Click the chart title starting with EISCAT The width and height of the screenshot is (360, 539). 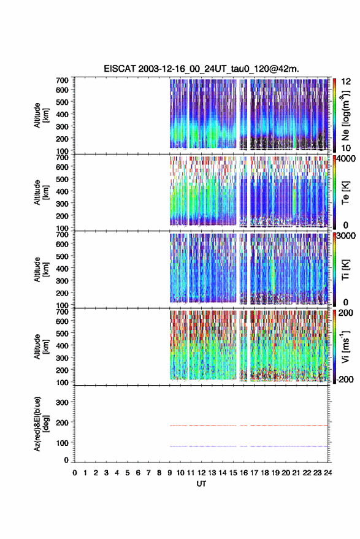pyautogui.click(x=202, y=69)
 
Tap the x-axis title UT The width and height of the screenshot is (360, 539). pyautogui.click(x=201, y=484)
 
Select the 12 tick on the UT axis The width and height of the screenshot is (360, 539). pyautogui.click(x=202, y=473)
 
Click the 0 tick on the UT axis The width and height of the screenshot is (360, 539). pyautogui.click(x=75, y=473)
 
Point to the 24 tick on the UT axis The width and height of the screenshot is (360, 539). pyautogui.click(x=327, y=473)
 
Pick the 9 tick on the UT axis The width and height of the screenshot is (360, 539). pyautogui.click(x=169, y=473)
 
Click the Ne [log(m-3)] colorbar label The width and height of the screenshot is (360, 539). pyautogui.click(x=345, y=115)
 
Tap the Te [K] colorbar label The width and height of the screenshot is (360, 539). pyautogui.click(x=345, y=193)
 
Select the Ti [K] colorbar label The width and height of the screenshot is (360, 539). pyautogui.click(x=345, y=270)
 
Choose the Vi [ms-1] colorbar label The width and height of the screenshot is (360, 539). pyautogui.click(x=345, y=347)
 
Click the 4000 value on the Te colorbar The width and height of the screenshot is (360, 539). pyautogui.click(x=347, y=159)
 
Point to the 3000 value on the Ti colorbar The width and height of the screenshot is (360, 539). pyautogui.click(x=347, y=236)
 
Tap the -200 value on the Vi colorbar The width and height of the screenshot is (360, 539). pyautogui.click(x=345, y=379)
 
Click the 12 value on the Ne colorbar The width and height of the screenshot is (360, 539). pyautogui.click(x=346, y=82)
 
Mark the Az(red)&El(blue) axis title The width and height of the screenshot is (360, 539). pyautogui.click(x=41, y=424)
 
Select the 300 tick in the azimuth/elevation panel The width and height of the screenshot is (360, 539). pyautogui.click(x=62, y=402)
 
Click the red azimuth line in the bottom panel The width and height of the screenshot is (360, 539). pyautogui.click(x=248, y=426)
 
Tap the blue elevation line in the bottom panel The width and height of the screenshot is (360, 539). pyautogui.click(x=248, y=446)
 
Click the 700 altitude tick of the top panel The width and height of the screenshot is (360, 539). pyautogui.click(x=62, y=80)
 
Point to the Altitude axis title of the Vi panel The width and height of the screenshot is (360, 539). pyautogui.click(x=41, y=346)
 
